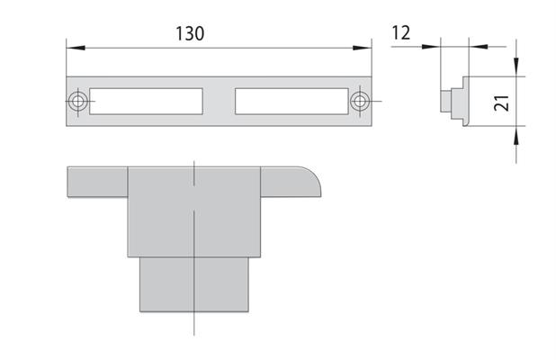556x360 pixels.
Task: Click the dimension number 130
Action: tap(190, 33)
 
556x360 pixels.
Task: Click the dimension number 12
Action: tap(401, 32)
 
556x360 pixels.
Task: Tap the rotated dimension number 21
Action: tap(502, 103)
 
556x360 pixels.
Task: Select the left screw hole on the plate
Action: tap(78, 101)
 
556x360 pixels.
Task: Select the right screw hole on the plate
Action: tap(360, 101)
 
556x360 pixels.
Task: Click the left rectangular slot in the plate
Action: tap(146, 102)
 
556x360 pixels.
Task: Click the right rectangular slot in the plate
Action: tap(291, 102)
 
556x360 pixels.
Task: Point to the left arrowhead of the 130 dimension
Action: tap(76, 48)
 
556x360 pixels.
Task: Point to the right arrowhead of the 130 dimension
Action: tap(362, 48)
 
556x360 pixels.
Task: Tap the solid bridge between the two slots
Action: tap(219, 102)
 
